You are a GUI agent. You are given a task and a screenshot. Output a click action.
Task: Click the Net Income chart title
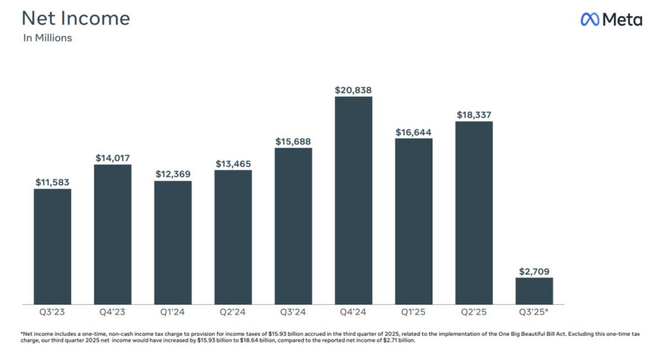pyautogui.click(x=76, y=18)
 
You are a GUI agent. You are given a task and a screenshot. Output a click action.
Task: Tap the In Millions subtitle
pyautogui.click(x=47, y=38)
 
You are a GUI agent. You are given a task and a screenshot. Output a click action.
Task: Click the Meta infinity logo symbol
pyautogui.click(x=590, y=20)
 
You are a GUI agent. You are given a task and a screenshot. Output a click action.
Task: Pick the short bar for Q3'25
pyautogui.click(x=534, y=291)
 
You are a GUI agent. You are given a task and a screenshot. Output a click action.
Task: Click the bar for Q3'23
pyautogui.click(x=53, y=246)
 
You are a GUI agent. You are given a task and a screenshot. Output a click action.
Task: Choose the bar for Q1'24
pyautogui.click(x=173, y=243)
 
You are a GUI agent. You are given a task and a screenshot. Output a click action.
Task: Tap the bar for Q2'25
pyautogui.click(x=474, y=212)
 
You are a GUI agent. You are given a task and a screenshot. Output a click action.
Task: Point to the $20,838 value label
pyautogui.click(x=354, y=90)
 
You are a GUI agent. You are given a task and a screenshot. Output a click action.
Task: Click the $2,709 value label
pyautogui.click(x=534, y=271)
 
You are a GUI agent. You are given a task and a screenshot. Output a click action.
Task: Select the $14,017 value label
pyautogui.click(x=113, y=158)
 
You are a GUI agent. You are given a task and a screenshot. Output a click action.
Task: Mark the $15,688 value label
pyautogui.click(x=293, y=141)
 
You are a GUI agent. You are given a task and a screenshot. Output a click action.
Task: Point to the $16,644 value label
pyautogui.click(x=414, y=132)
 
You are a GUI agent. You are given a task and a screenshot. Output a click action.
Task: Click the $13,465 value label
pyautogui.click(x=233, y=164)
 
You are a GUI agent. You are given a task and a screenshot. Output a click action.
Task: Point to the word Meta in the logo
pyautogui.click(x=622, y=20)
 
